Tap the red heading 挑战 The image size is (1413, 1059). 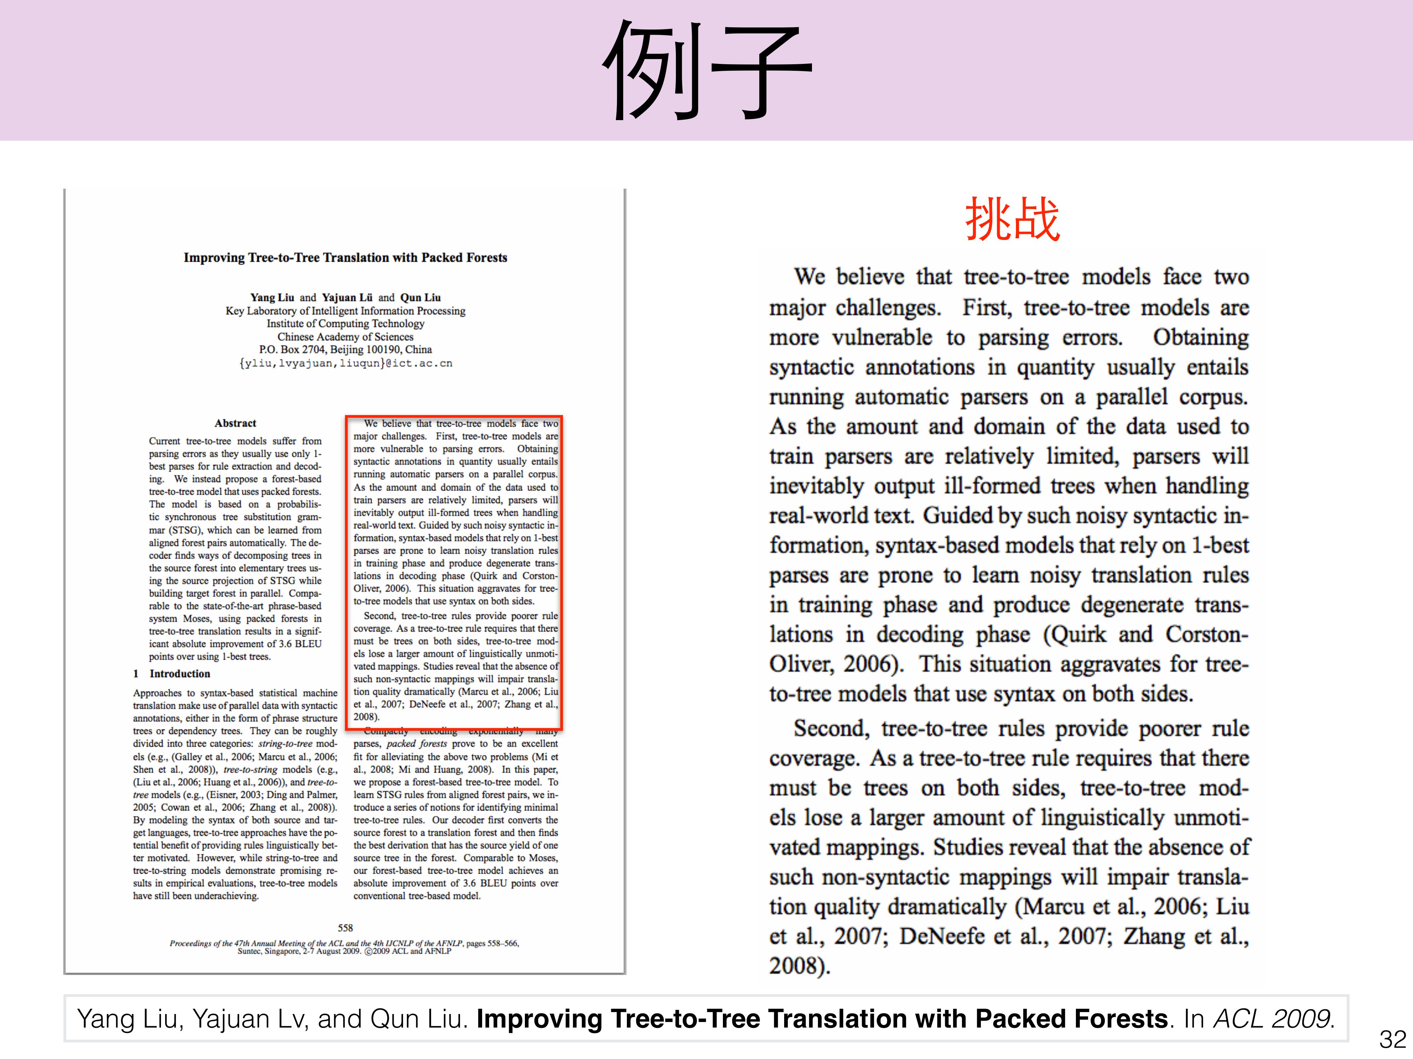1013,219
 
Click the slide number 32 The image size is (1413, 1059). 1392,1039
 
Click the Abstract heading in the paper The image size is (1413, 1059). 235,423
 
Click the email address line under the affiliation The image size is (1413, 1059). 346,363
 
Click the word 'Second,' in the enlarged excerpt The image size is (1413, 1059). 831,728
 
